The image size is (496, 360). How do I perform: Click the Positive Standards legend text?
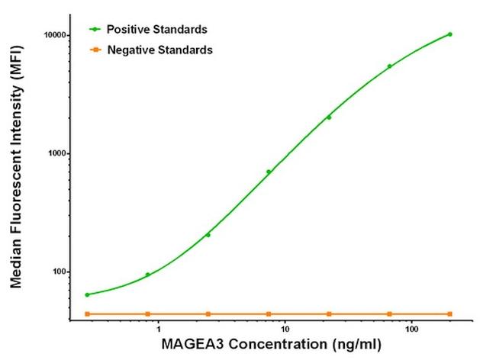pos(157,30)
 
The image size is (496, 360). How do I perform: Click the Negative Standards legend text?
pos(159,50)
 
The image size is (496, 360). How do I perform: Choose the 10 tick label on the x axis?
pos(284,330)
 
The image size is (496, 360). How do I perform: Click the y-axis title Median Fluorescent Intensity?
pos(15,175)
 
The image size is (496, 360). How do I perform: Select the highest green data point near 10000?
pos(449,34)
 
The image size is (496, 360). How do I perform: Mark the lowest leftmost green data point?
pos(87,294)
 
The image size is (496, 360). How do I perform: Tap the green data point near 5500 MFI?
pos(389,66)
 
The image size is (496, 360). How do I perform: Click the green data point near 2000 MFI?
pos(329,117)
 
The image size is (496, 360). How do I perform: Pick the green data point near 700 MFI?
pos(269,172)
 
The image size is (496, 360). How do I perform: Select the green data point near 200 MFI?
pos(208,235)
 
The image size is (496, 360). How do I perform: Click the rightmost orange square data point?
pos(449,314)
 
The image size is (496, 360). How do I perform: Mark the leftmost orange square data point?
pos(87,314)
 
